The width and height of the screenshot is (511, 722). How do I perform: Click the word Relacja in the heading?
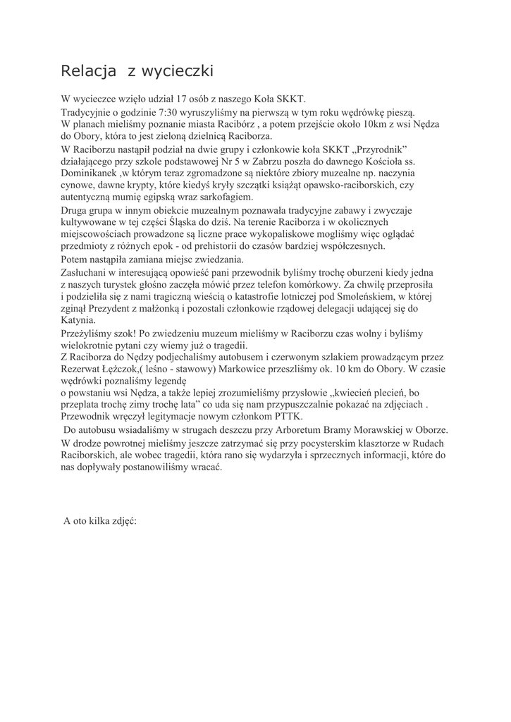pyautogui.click(x=87, y=71)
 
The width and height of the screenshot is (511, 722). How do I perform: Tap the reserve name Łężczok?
pyautogui.click(x=123, y=369)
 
